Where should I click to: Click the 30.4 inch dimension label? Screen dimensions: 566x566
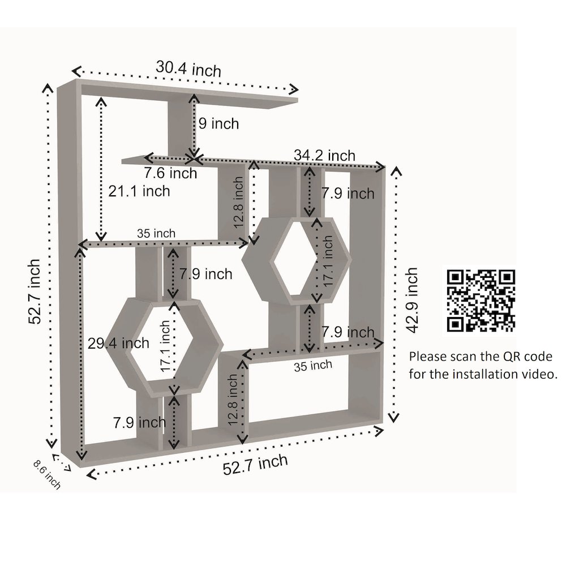coord(188,68)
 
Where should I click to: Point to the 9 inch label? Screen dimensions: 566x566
coord(218,123)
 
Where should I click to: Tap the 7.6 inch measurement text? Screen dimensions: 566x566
coord(170,173)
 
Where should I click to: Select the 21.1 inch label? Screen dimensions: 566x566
coord(139,191)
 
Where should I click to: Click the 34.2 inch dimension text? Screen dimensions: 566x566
coord(324,156)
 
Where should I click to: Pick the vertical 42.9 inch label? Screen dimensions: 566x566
coord(411,301)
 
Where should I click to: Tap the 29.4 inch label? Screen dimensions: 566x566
coord(118,343)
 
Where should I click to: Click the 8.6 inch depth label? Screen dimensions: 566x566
coord(47,474)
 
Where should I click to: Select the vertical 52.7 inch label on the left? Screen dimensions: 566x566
coord(34,291)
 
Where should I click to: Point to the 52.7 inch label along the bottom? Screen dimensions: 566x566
coord(255,465)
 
